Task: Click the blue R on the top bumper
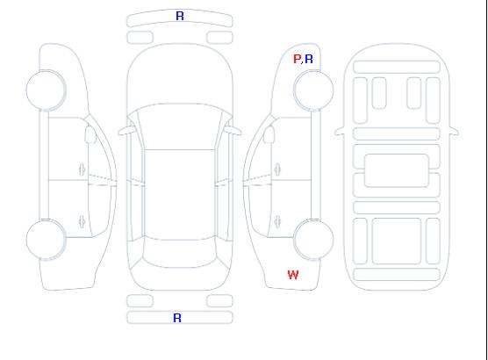(x=180, y=16)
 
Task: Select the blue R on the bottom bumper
(x=177, y=318)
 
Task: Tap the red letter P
(x=298, y=59)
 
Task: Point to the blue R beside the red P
(x=309, y=59)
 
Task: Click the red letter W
(x=293, y=275)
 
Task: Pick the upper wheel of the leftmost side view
(x=46, y=90)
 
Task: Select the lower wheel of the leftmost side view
(x=46, y=240)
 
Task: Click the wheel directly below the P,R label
(x=313, y=90)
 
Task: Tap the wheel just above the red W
(x=313, y=240)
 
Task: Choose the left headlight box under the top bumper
(x=140, y=38)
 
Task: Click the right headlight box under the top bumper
(x=219, y=38)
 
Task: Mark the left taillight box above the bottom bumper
(x=140, y=301)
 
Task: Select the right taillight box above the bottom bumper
(x=219, y=301)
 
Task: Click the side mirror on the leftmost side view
(x=90, y=134)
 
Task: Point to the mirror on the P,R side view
(x=269, y=134)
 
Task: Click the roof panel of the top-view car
(x=180, y=195)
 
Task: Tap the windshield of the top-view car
(x=180, y=126)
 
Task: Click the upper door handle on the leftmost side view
(x=83, y=169)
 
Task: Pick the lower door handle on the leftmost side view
(x=83, y=221)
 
